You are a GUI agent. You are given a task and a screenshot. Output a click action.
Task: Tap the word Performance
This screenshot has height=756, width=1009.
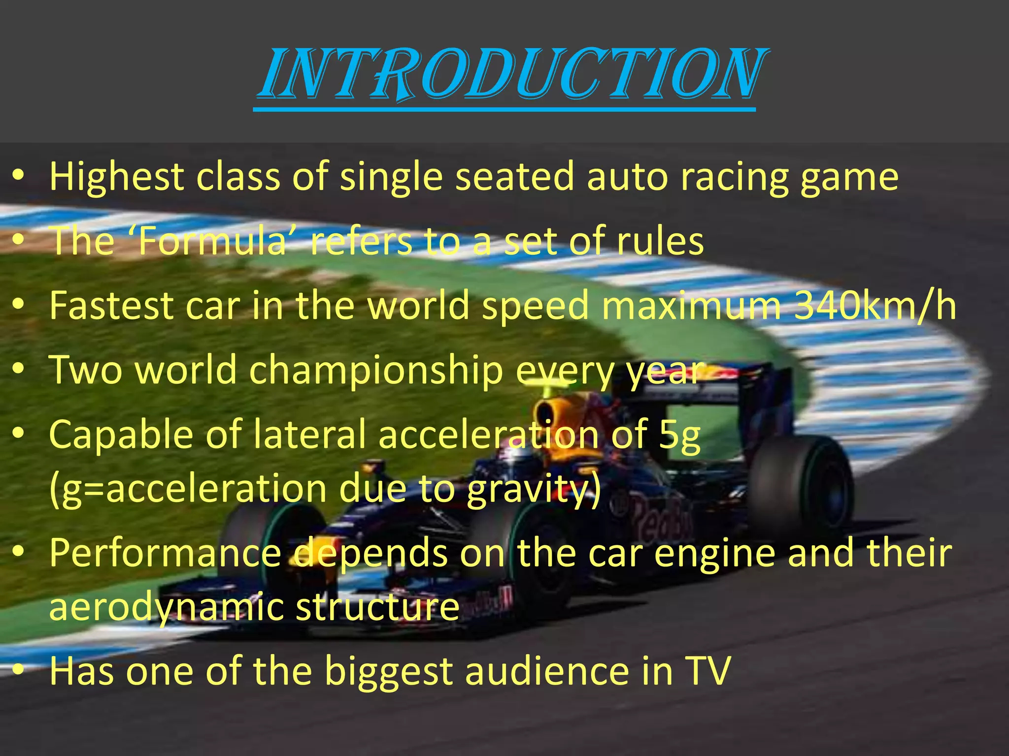pyautogui.click(x=165, y=553)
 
